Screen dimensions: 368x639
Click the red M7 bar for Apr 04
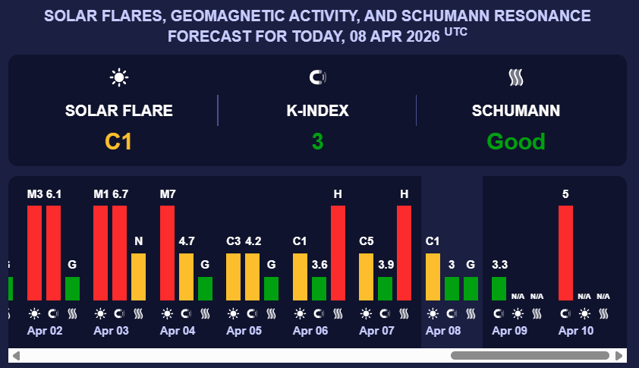(x=167, y=253)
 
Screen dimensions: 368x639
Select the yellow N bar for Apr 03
(x=138, y=277)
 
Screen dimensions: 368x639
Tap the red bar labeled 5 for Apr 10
(x=565, y=253)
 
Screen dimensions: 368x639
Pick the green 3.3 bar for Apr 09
(x=499, y=288)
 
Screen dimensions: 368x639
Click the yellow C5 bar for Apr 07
(x=366, y=277)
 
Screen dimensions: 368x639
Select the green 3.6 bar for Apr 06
(x=319, y=288)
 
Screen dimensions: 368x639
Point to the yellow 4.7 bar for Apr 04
(x=186, y=277)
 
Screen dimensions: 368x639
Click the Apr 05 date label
(x=244, y=331)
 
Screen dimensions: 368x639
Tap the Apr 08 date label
(x=443, y=331)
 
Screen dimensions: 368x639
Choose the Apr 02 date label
(x=45, y=331)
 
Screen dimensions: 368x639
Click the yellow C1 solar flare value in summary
(x=118, y=141)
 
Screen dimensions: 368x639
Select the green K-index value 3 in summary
(x=317, y=141)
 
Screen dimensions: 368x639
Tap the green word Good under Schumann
(x=516, y=141)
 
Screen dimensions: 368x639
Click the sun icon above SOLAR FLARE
(x=119, y=77)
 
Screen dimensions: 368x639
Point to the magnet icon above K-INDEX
(x=317, y=77)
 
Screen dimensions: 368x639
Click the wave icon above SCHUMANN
(x=516, y=77)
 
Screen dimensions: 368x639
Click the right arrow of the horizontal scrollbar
(x=621, y=355)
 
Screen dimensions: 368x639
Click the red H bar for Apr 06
(x=338, y=253)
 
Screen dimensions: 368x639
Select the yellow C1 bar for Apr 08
(x=433, y=277)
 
